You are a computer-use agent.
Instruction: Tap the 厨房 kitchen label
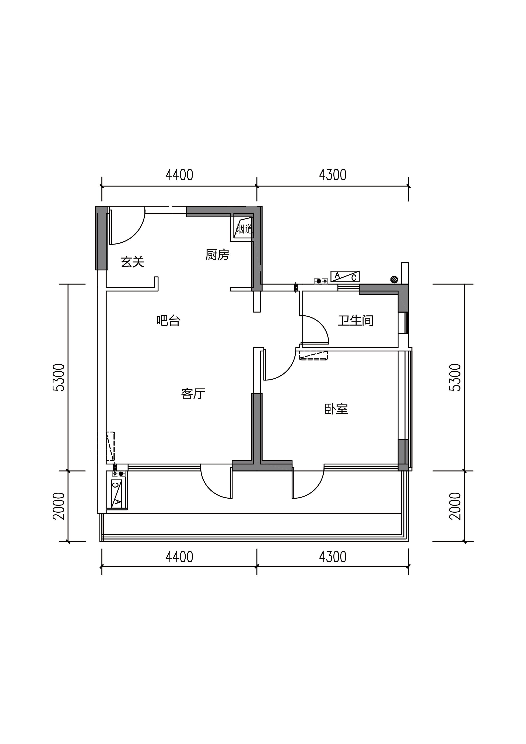pyautogui.click(x=217, y=255)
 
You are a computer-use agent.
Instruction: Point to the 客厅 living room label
pyautogui.click(x=193, y=393)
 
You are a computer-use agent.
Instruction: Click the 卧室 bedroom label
pyautogui.click(x=336, y=409)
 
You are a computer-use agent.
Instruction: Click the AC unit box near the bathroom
pyautogui.click(x=345, y=276)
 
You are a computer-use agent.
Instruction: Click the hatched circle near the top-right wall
pyautogui.click(x=394, y=279)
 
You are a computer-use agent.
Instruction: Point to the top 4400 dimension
pyautogui.click(x=179, y=175)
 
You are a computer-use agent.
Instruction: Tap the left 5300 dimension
pyautogui.click(x=59, y=378)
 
